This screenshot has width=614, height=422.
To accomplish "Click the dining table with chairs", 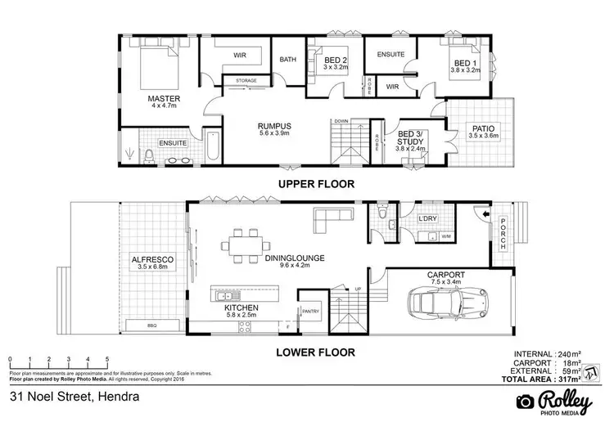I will coord(246,241).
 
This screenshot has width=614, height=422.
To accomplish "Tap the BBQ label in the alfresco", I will coord(152,325).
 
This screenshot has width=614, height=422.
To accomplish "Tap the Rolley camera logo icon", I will coord(525,402).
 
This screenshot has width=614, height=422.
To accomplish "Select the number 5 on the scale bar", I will coord(107,359).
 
